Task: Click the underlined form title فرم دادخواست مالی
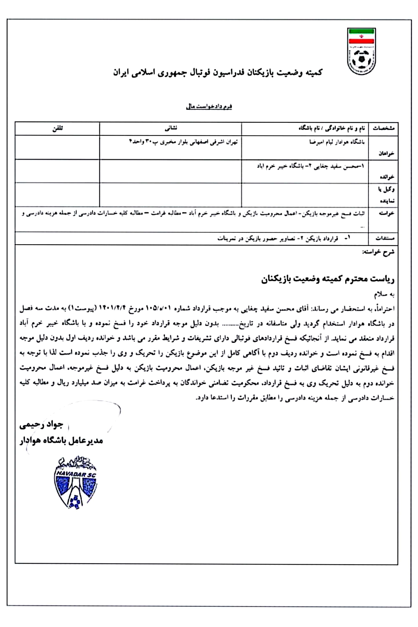click(x=209, y=107)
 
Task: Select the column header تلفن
click(x=57, y=129)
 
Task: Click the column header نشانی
click(x=171, y=129)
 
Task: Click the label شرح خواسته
click(x=378, y=252)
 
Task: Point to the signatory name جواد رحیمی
click(x=41, y=425)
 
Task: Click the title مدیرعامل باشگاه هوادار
click(x=61, y=441)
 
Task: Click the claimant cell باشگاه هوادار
click(x=337, y=142)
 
